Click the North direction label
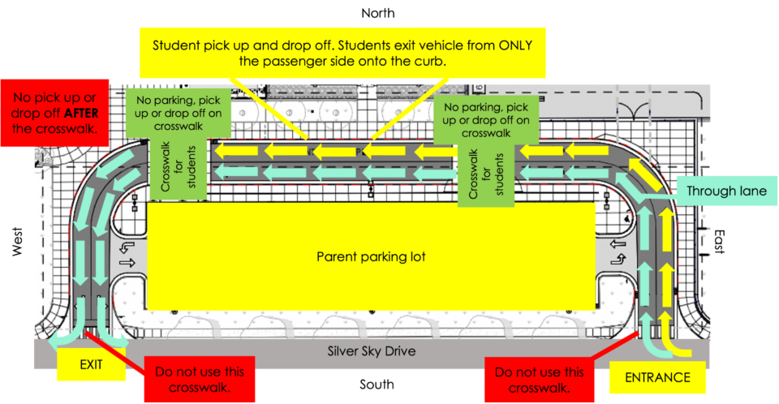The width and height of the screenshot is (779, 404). (x=377, y=13)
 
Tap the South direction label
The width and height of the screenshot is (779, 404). (x=377, y=384)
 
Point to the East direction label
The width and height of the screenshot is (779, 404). (x=717, y=241)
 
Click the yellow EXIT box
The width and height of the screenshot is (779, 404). (x=91, y=364)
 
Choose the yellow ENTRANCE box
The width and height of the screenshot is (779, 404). (x=657, y=377)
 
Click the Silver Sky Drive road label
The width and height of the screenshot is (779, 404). (x=371, y=352)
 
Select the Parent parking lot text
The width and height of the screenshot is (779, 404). (x=371, y=257)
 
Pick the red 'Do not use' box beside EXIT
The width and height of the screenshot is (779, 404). (x=200, y=379)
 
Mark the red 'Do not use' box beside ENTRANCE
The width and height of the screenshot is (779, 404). (x=539, y=379)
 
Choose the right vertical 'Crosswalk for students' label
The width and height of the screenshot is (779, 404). (x=486, y=172)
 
